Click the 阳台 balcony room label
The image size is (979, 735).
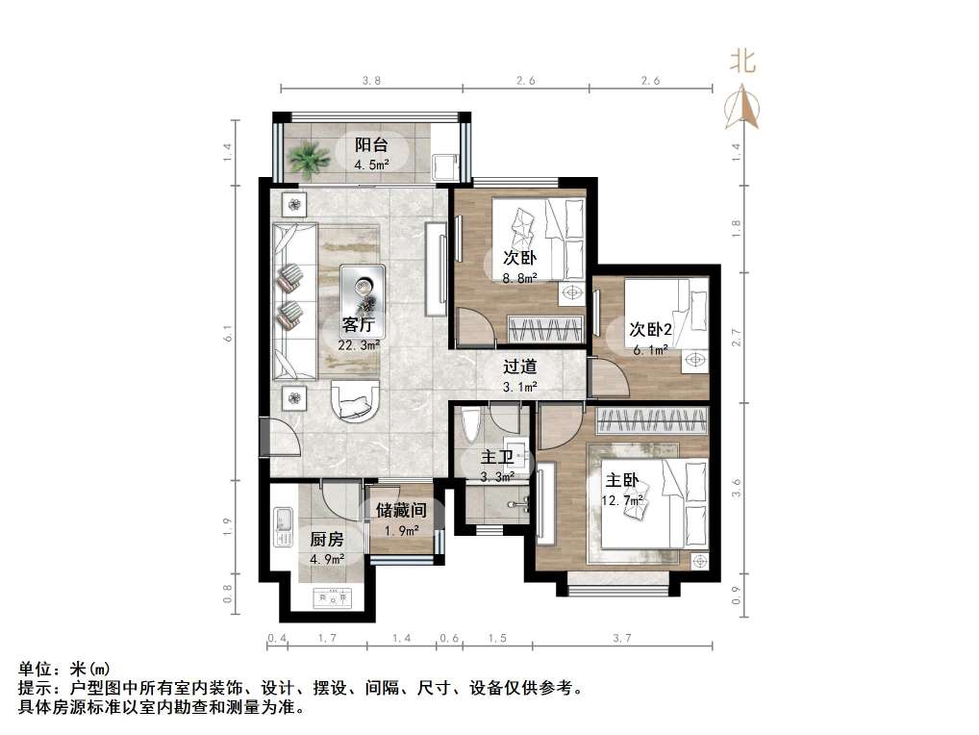371,145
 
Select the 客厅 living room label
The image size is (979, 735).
358,324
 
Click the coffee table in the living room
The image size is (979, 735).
363,288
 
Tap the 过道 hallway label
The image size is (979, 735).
519,366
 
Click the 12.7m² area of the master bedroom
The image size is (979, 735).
623,499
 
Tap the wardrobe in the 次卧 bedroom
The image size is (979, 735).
545,328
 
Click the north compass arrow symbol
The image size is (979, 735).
742,108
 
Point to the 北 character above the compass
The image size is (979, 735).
742,63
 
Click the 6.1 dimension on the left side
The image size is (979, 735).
228,334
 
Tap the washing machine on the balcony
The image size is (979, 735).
444,165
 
